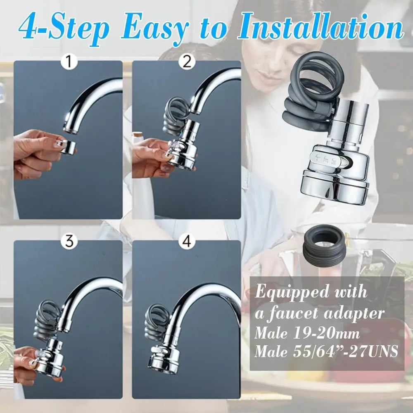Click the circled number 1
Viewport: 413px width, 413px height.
coord(69,62)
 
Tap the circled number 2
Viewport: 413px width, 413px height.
coord(187,62)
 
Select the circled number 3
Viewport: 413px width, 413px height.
coord(69,242)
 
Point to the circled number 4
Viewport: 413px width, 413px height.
coord(187,242)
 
